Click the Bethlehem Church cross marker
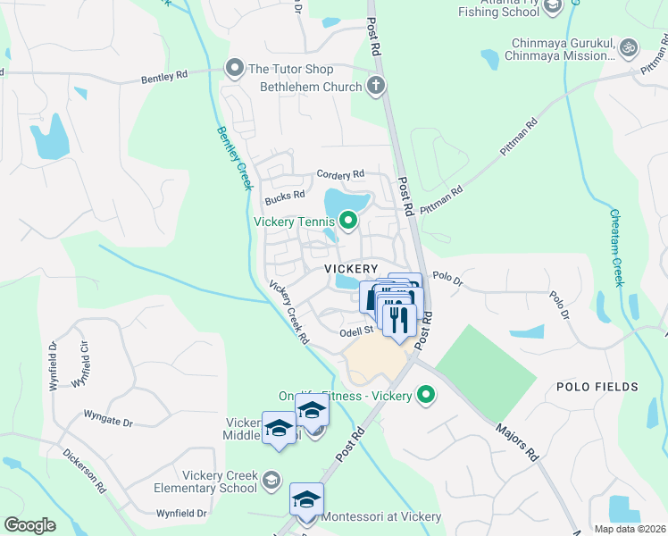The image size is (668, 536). pyautogui.click(x=376, y=87)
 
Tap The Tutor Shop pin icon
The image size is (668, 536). pyautogui.click(x=236, y=69)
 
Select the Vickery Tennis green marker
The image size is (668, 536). pyautogui.click(x=347, y=221)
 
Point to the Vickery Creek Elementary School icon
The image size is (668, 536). pyautogui.click(x=271, y=482)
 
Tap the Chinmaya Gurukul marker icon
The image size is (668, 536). pyautogui.click(x=629, y=46)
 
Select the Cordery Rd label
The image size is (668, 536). pyautogui.click(x=340, y=174)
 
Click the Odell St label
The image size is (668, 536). pyautogui.click(x=355, y=330)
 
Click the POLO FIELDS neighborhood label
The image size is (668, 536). pyautogui.click(x=597, y=387)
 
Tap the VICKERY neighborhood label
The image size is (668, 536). pyautogui.click(x=352, y=268)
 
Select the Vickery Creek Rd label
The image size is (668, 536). pyautogui.click(x=290, y=313)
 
